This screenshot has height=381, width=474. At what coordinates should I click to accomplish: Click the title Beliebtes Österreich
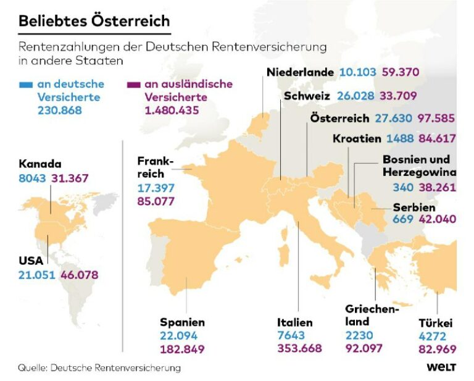tap(94, 20)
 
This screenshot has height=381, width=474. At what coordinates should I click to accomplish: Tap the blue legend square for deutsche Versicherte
tap(25, 84)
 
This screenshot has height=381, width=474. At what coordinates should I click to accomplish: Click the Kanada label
tap(40, 164)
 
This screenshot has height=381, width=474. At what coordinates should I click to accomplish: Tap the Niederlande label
tap(301, 72)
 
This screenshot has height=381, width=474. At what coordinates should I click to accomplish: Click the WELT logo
tap(441, 367)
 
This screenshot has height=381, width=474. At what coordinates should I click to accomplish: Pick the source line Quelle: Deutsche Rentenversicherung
tap(99, 368)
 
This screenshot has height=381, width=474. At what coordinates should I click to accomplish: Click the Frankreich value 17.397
tap(156, 187)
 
